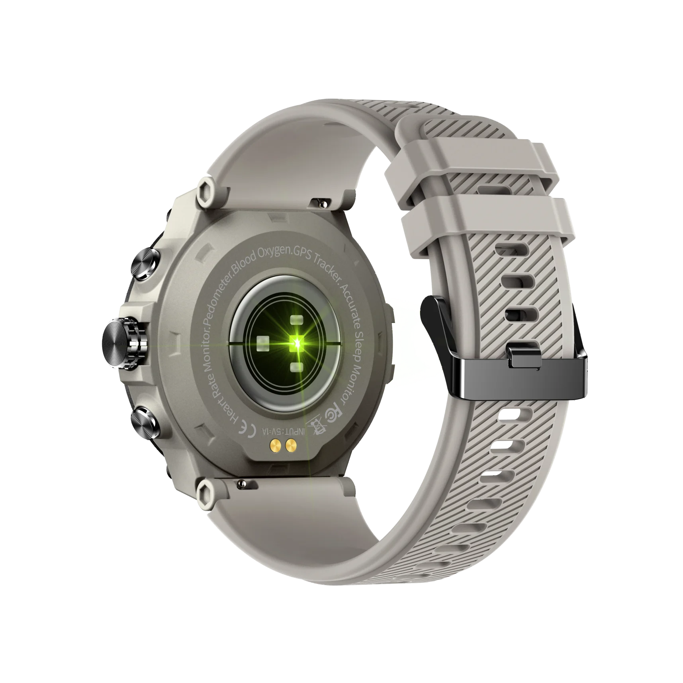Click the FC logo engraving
tap(337, 408)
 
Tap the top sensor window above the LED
tap(296, 308)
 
